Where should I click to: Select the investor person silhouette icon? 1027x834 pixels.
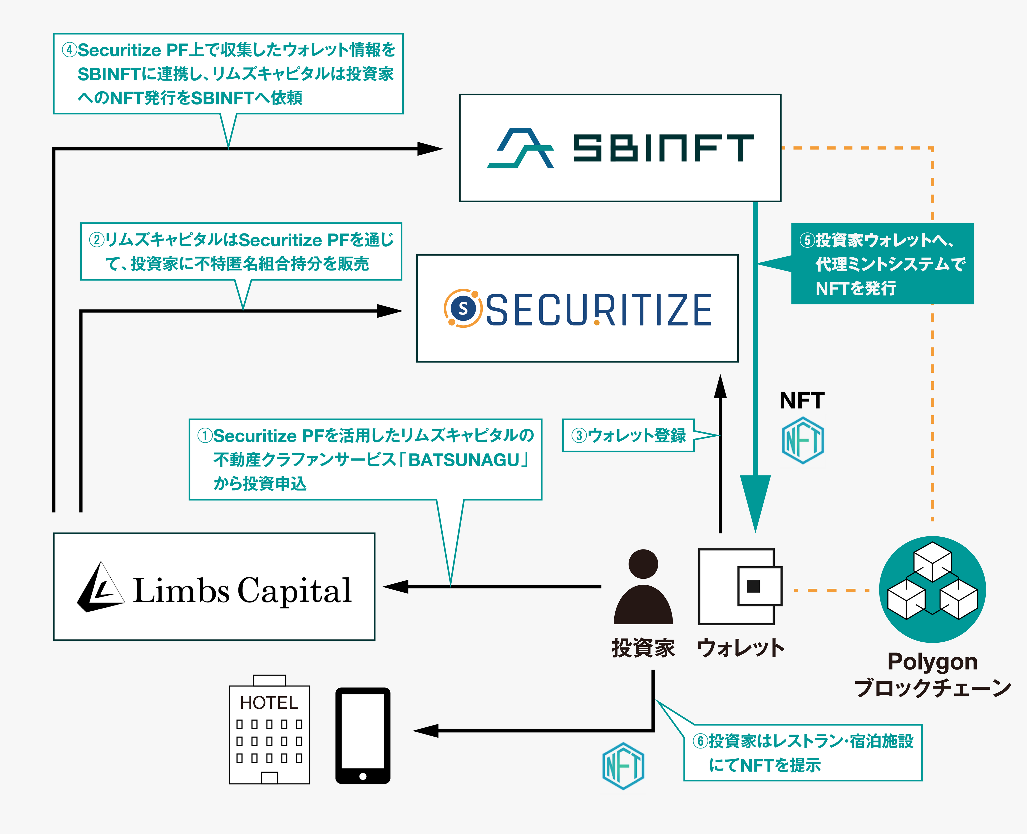coord(643,587)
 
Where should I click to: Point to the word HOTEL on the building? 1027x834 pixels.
coord(269,703)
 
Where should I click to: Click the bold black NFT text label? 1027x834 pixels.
coord(802,400)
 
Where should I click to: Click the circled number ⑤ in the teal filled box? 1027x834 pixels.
coord(806,240)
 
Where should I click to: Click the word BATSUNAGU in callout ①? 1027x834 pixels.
coord(464,460)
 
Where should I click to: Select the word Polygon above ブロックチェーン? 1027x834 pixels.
coord(932,662)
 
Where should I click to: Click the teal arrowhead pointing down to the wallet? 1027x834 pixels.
coord(755,500)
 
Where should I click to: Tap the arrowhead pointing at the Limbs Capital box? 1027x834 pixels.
coord(395,587)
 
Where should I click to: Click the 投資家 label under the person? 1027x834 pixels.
coord(643,648)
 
